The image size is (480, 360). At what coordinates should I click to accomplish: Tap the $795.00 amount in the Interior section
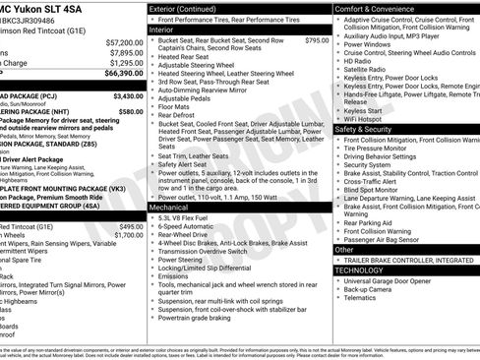pyautogui.click(x=317, y=40)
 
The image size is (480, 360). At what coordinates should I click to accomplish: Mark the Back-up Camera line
pyautogui.click(x=370, y=290)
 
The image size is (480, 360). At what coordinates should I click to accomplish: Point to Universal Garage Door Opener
pyautogui.click(x=393, y=280)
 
